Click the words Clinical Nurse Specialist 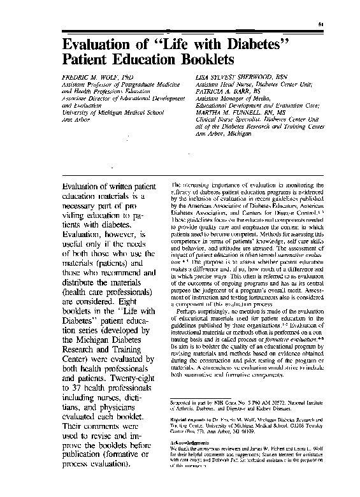click(x=227, y=118)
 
